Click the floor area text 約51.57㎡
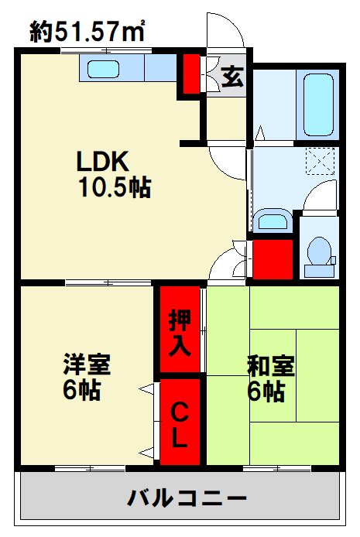point(87,31)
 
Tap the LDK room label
point(102,161)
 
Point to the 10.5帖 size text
point(115,187)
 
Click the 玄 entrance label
point(232,77)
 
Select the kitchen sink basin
point(103,70)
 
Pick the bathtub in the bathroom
point(318,104)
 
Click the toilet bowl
point(319,252)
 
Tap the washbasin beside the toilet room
point(273,221)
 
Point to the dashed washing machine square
point(320,161)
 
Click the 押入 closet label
point(180,332)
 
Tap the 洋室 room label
point(87,364)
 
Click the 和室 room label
point(271,366)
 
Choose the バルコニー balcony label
point(187,498)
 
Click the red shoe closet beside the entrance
point(191,74)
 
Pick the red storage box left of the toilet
point(273,259)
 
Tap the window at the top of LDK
point(106,51)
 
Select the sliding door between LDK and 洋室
point(108,282)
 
